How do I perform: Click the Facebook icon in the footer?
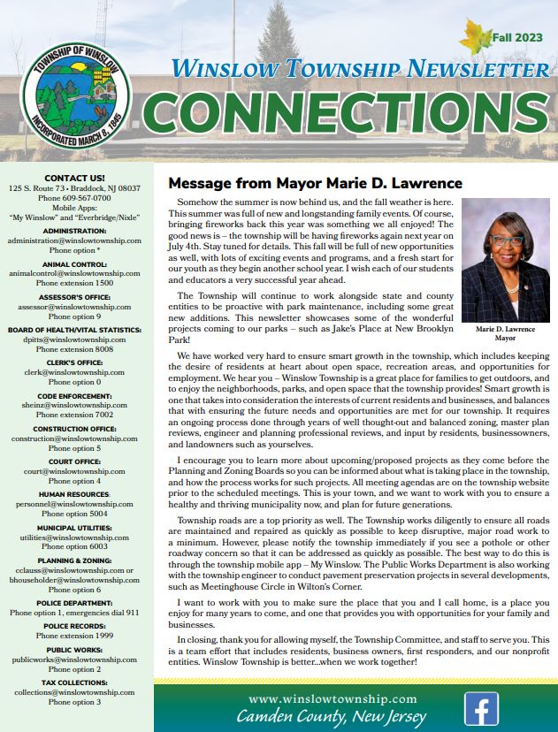[x=481, y=708]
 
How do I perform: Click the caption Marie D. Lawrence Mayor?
[x=505, y=333]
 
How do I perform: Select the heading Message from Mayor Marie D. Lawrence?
[x=315, y=184]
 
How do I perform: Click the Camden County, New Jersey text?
[x=332, y=717]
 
